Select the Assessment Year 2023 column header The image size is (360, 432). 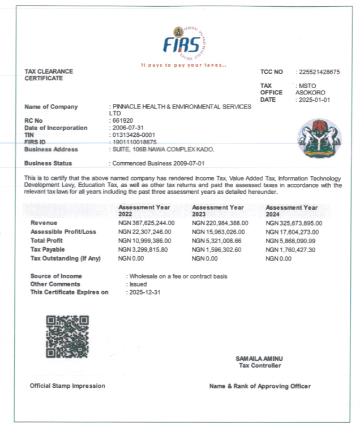tap(218, 211)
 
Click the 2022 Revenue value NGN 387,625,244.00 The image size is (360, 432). tap(147, 223)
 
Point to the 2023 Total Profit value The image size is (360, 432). tap(218, 241)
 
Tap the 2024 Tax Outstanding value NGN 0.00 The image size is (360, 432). tap(278, 258)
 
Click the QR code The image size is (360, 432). tap(67, 336)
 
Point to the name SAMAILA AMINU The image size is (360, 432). tap(259, 358)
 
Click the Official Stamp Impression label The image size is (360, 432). tap(67, 386)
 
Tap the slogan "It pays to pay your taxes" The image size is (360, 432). tap(183, 65)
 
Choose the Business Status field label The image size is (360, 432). tap(48, 163)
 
